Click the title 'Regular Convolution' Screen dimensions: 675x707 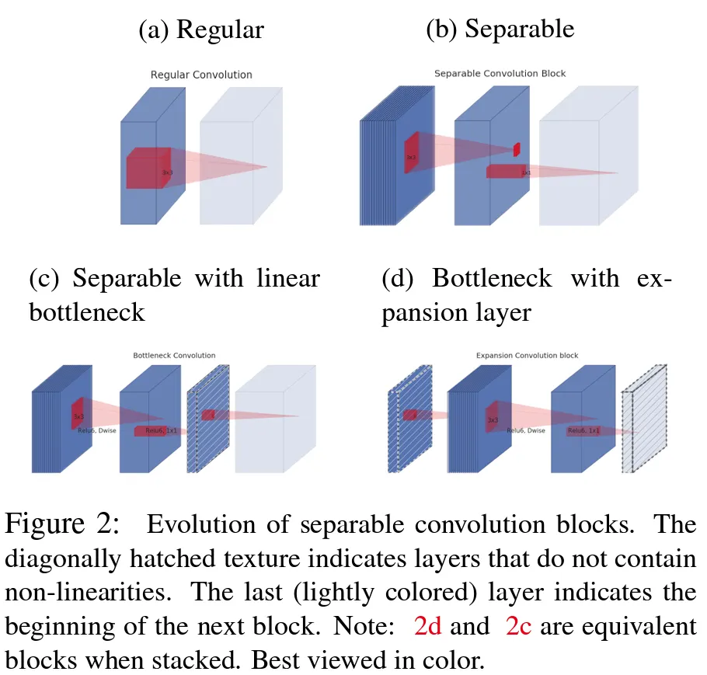tap(201, 75)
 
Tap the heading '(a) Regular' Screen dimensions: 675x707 tap(201, 30)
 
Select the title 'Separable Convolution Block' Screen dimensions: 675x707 tap(500, 74)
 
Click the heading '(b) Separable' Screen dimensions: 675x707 tap(500, 30)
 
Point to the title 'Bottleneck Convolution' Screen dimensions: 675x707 tap(174, 356)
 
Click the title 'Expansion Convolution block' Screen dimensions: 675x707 tap(527, 356)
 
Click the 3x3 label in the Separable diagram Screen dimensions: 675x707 tap(410, 157)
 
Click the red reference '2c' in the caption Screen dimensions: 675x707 tap(518, 626)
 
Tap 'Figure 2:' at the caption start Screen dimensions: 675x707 tap(62, 525)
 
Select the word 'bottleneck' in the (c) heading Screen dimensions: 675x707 tap(86, 313)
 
